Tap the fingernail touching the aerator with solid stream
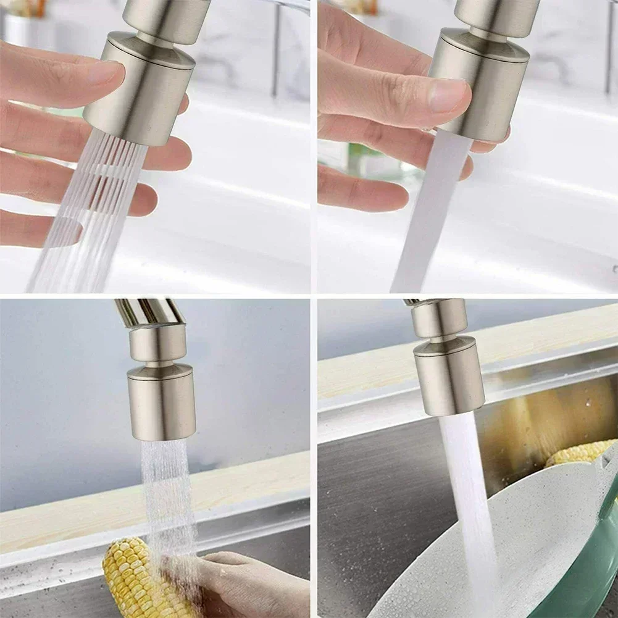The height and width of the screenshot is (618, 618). pos(449,95)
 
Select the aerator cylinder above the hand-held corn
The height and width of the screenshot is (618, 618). pos(162,401)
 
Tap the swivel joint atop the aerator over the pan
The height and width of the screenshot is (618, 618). pos(439,319)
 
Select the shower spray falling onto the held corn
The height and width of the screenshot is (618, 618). pos(167,494)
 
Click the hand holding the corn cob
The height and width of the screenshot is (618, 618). pos(247,587)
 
